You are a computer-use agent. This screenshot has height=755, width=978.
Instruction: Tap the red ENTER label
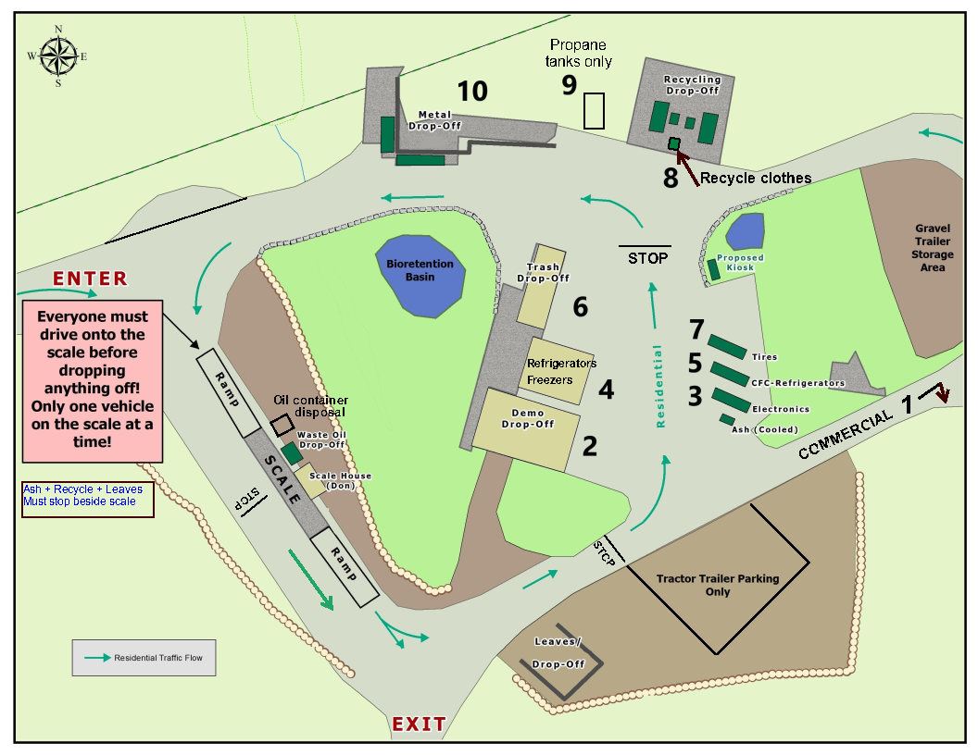pyautogui.click(x=90, y=278)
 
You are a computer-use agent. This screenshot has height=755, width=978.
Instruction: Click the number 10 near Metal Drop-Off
pyautogui.click(x=472, y=91)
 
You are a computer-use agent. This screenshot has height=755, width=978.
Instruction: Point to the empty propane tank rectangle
pyautogui.click(x=594, y=110)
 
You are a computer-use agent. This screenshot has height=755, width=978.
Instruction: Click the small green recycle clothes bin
pyautogui.click(x=674, y=142)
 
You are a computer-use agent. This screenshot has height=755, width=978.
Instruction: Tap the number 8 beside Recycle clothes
pyautogui.click(x=671, y=178)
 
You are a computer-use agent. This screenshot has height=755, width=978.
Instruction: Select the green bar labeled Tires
pyautogui.click(x=727, y=346)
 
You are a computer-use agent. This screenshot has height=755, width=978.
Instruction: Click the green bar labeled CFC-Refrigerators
pyautogui.click(x=729, y=373)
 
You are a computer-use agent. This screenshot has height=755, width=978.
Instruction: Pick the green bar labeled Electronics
pyautogui.click(x=731, y=400)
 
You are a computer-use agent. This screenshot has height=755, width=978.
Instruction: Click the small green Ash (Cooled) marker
pyautogui.click(x=728, y=419)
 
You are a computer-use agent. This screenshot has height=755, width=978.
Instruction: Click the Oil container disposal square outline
pyautogui.click(x=282, y=423)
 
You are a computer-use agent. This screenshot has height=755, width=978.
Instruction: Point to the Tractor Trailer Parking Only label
pyautogui.click(x=718, y=585)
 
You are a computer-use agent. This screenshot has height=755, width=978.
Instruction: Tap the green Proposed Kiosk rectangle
pyautogui.click(x=713, y=269)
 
